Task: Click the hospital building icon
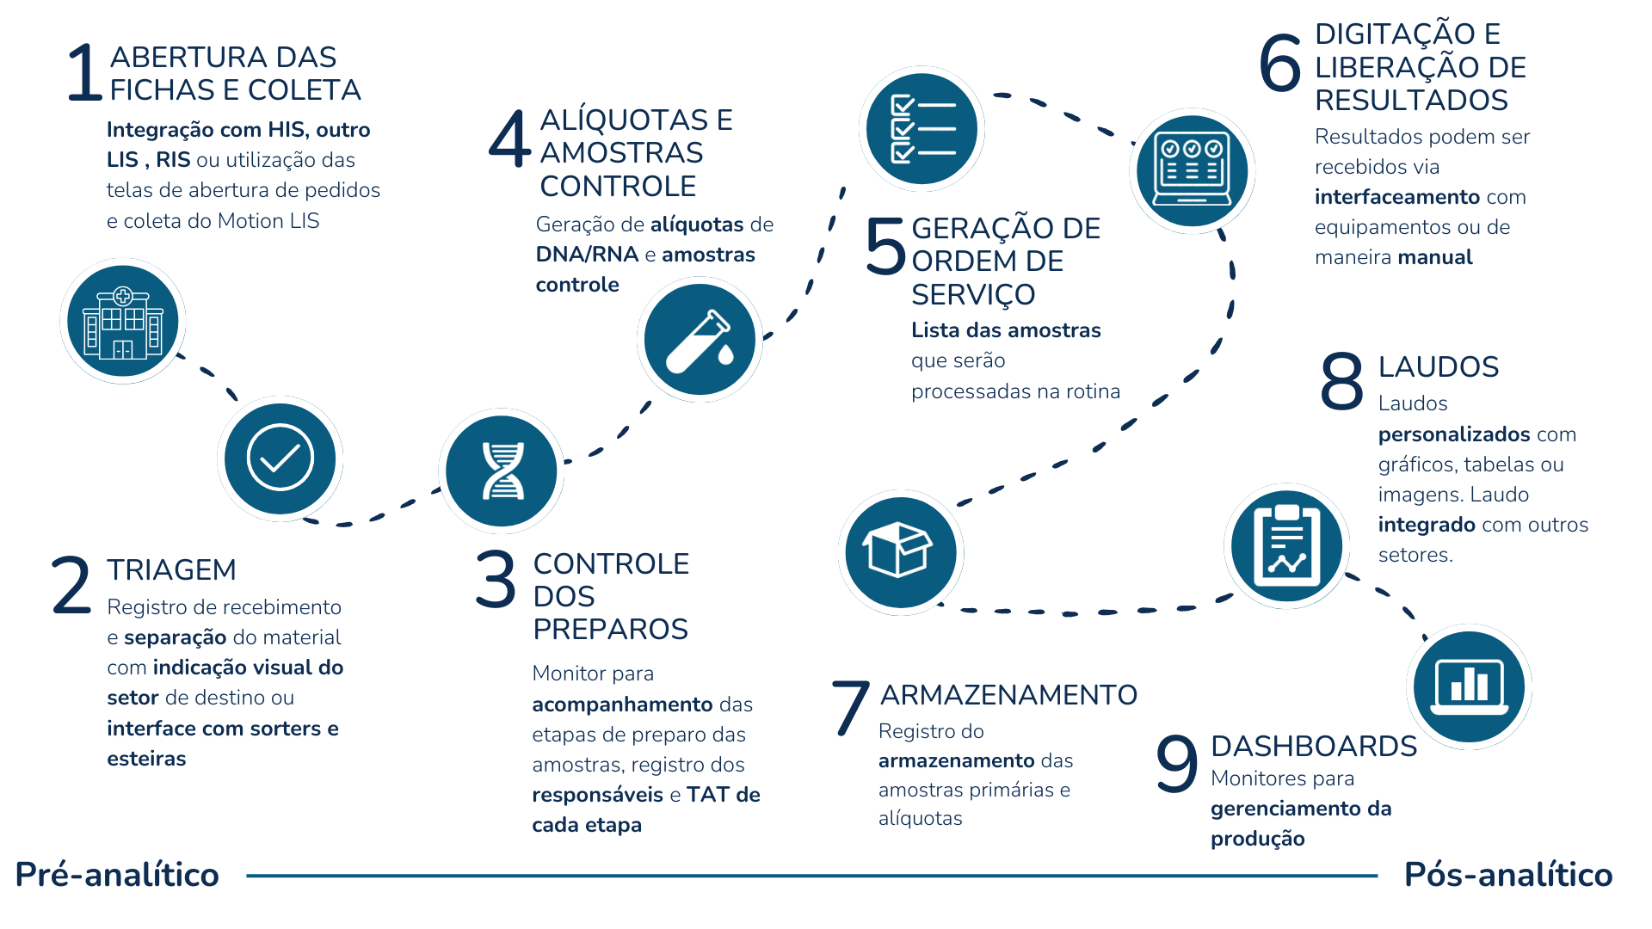coord(123,321)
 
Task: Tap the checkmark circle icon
coord(280,458)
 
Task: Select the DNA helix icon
coord(502,471)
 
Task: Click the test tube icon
coord(700,339)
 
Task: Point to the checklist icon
coord(922,129)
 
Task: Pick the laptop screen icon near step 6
coord(1192,171)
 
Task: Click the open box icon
coord(900,552)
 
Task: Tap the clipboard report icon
coord(1286,545)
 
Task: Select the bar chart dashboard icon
coord(1470,686)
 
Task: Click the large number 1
coord(84,73)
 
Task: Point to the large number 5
coord(885,246)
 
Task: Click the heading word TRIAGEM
coord(171,569)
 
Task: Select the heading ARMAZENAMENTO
coord(1008,694)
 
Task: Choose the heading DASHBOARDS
coord(1314,746)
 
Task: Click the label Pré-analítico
coord(117,874)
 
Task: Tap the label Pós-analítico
coord(1508,874)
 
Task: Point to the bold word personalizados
coord(1453,434)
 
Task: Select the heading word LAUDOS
coord(1439,366)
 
